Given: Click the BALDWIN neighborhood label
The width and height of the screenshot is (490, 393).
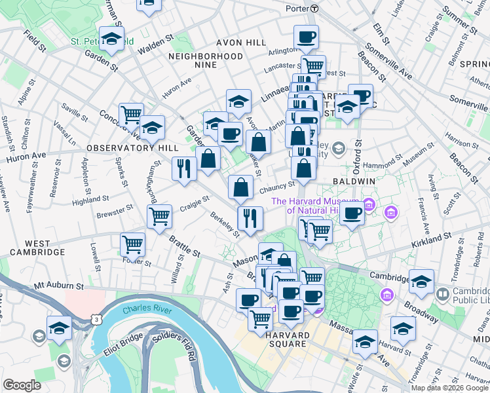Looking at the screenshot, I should click(x=353, y=180).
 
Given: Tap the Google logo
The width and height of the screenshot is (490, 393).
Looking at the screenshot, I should click(x=22, y=385).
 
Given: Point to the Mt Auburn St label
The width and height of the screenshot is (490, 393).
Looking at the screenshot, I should click(x=60, y=286).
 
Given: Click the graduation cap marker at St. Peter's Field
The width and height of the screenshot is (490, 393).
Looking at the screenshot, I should click(x=111, y=38).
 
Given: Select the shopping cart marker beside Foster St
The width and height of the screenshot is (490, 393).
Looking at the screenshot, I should click(x=133, y=244).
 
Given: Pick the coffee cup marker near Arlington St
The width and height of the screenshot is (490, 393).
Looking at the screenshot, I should click(x=305, y=36).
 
